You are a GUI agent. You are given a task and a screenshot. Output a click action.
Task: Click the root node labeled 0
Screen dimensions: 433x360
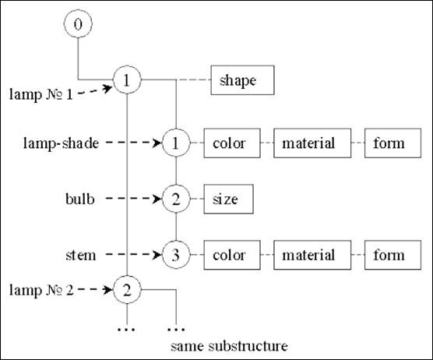click(x=78, y=23)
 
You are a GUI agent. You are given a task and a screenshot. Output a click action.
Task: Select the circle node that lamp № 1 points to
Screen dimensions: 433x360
click(x=127, y=79)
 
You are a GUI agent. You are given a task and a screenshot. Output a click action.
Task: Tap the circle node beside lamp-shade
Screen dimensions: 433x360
click(x=176, y=143)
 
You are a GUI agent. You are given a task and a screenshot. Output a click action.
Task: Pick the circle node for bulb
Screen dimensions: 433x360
click(x=176, y=199)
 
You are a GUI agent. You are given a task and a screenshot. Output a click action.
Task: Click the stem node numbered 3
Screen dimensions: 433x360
click(x=176, y=255)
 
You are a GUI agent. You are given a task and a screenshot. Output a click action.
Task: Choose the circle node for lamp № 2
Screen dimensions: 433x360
click(x=127, y=290)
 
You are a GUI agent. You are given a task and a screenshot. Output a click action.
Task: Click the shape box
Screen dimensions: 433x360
click(x=242, y=80)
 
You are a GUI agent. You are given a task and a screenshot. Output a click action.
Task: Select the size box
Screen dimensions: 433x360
click(x=229, y=199)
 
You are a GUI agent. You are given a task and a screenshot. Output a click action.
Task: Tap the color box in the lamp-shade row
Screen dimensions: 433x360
click(x=232, y=143)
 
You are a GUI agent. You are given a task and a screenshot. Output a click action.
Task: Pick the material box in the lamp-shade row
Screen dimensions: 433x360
click(x=312, y=143)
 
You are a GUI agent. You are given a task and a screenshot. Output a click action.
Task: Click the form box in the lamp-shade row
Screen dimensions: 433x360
click(x=393, y=143)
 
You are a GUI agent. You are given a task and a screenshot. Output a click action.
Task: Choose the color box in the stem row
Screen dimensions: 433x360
click(x=232, y=255)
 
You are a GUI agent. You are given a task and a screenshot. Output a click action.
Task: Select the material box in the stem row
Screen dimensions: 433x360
click(x=312, y=255)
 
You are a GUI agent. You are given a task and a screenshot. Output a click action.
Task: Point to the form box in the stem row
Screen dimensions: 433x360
click(x=393, y=255)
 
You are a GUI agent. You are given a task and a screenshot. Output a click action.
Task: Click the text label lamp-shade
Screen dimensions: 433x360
click(x=61, y=143)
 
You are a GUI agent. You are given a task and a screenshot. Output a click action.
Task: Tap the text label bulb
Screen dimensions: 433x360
click(x=80, y=199)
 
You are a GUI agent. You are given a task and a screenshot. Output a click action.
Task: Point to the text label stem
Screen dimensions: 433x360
click(x=81, y=256)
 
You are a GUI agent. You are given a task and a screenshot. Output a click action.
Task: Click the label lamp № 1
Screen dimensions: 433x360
click(x=40, y=94)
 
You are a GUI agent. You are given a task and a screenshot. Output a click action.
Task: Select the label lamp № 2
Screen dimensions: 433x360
click(x=41, y=291)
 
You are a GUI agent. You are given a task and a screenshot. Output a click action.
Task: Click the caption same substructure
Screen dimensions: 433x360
click(x=229, y=346)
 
